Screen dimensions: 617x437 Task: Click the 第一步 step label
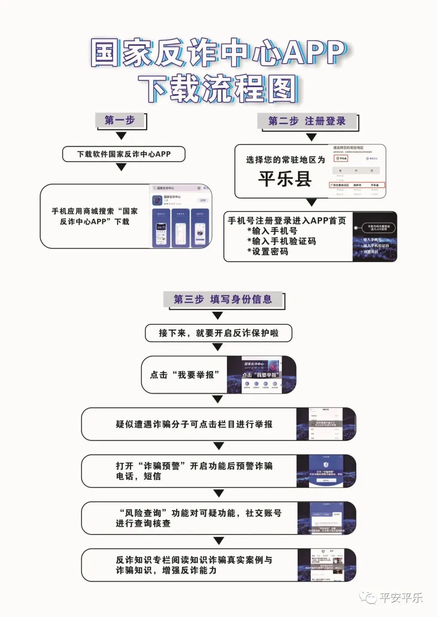(120, 120)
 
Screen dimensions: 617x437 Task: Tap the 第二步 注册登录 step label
(307, 121)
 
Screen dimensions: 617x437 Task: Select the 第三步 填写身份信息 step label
(223, 300)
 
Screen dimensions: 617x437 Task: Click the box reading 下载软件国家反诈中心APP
(123, 154)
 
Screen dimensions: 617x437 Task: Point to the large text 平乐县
(285, 179)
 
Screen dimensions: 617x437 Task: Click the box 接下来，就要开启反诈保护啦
(218, 333)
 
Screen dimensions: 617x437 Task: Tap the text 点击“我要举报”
(185, 375)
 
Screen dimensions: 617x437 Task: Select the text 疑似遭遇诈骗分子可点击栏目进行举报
(194, 424)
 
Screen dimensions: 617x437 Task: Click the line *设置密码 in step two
(268, 251)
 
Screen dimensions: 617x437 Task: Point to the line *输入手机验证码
(282, 241)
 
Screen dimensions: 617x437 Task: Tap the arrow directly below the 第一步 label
(121, 136)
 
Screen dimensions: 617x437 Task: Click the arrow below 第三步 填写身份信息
(218, 316)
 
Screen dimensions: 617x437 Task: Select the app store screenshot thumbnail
(181, 216)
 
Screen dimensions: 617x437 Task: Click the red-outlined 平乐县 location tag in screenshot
(341, 158)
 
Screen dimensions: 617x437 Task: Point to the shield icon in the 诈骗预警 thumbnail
(326, 464)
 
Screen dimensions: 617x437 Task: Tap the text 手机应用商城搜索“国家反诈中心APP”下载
(95, 216)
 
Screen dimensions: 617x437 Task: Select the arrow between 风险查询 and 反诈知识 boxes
(218, 541)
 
